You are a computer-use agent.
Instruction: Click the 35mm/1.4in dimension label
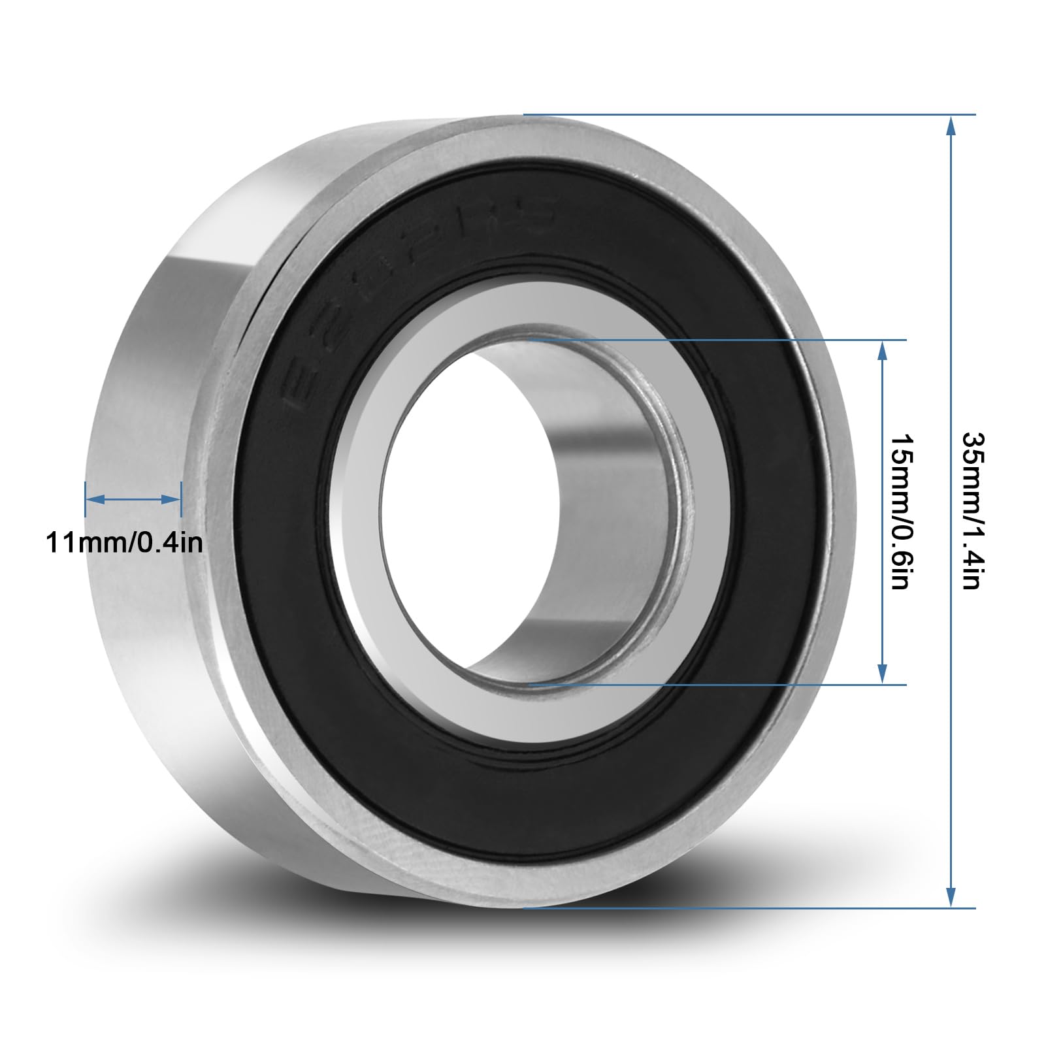[971, 510]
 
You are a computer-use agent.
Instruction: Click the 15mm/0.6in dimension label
[900, 510]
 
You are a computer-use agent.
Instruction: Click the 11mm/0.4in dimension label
[124, 542]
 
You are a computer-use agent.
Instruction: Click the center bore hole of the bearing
[457, 510]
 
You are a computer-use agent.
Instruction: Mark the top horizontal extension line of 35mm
[751, 115]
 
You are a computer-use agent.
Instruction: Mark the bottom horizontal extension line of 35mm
[751, 908]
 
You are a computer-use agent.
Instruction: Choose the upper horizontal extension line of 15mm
[719, 340]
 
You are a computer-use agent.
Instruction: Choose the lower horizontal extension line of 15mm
[719, 685]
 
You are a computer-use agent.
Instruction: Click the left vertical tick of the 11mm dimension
[86, 499]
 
